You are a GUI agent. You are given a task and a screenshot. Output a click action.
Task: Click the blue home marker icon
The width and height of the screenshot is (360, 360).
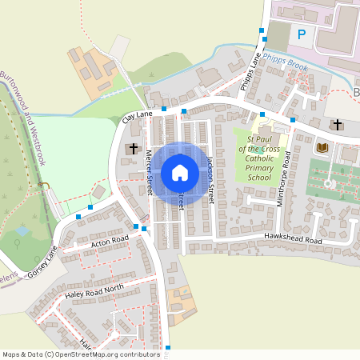180,173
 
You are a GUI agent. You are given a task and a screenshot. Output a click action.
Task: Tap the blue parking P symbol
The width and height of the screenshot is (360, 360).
302,34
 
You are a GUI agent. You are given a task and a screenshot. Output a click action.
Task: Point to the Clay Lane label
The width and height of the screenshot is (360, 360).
137,118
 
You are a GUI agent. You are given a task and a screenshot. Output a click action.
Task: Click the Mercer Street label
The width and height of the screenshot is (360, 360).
149,173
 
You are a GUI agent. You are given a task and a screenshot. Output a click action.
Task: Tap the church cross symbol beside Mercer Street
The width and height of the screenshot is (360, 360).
133,149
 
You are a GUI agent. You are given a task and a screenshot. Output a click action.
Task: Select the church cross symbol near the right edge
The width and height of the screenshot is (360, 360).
338,125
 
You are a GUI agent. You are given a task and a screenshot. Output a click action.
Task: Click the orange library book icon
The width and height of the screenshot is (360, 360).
322,148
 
